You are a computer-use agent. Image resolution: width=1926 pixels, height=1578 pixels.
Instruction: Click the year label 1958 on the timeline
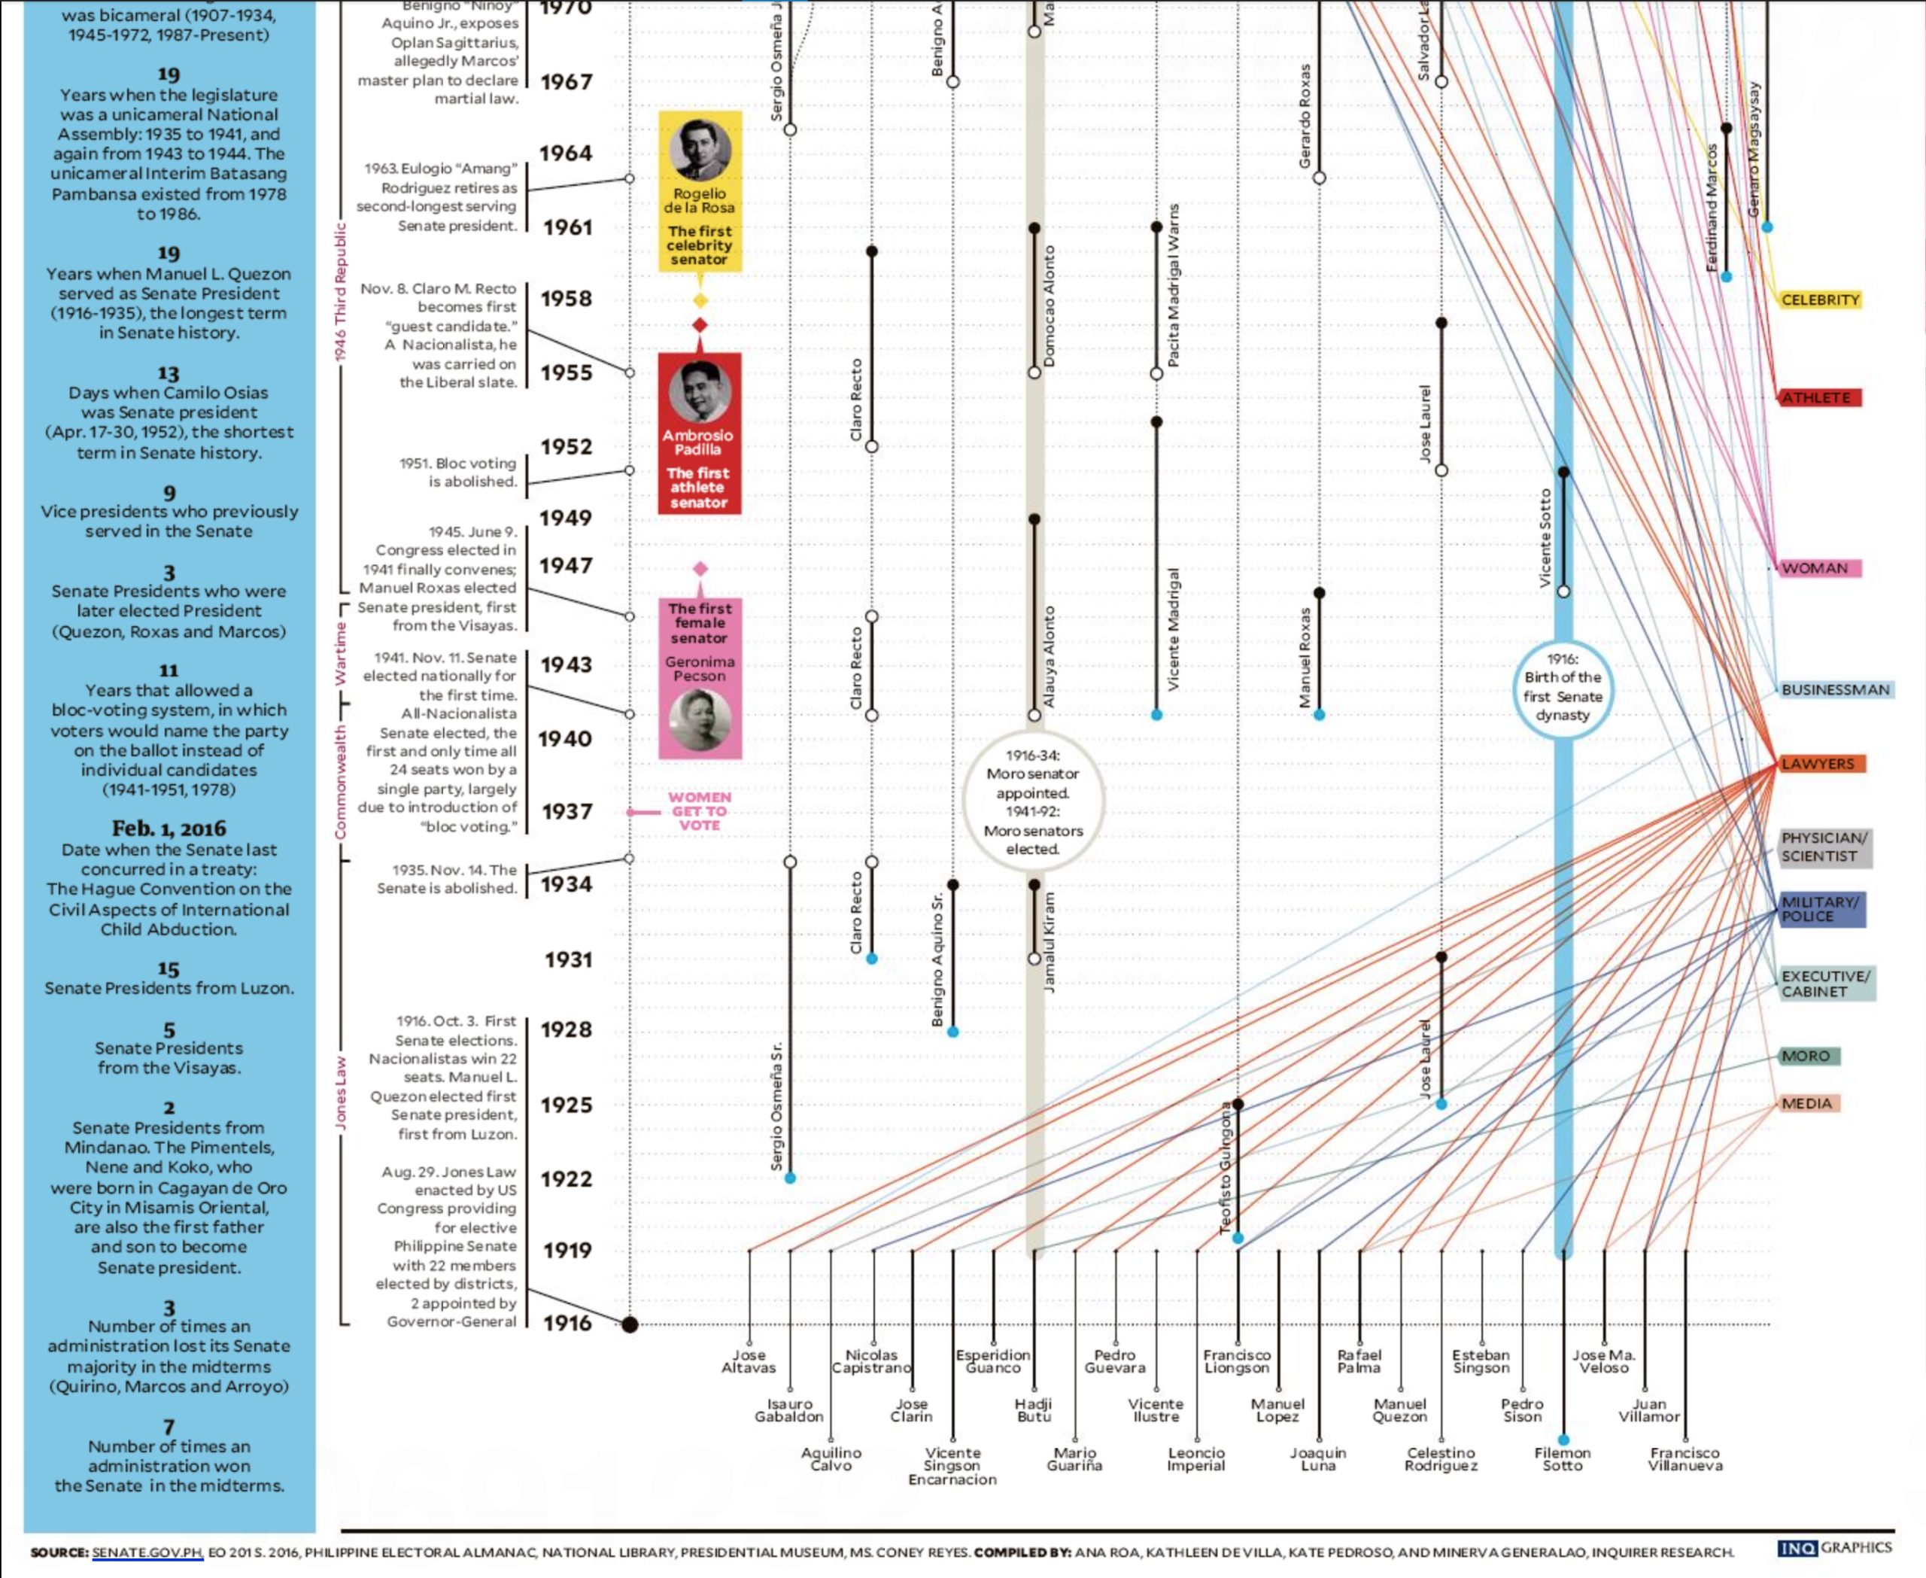(x=567, y=299)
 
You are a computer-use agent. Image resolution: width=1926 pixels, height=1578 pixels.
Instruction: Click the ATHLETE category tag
(x=1816, y=398)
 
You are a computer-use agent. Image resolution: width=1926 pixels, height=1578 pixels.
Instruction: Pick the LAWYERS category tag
(x=1818, y=764)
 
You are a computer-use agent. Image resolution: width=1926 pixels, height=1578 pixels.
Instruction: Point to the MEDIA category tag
(x=1807, y=1103)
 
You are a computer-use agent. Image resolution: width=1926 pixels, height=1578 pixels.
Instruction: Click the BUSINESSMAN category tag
(x=1834, y=690)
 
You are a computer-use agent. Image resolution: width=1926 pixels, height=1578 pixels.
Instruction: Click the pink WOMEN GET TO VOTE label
(x=699, y=810)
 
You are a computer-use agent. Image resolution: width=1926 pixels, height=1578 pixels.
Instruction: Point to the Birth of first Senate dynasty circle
(x=1563, y=687)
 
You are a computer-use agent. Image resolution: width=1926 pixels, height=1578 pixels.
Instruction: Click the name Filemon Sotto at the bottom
(x=1563, y=1459)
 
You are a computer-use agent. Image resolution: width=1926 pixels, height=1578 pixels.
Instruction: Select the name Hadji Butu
(x=1034, y=1410)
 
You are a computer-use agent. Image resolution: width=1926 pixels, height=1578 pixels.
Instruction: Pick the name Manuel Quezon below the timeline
(x=1400, y=1410)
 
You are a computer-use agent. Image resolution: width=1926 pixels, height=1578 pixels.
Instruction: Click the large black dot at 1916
(x=629, y=1324)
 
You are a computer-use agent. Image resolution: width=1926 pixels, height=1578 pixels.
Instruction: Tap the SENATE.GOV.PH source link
(x=147, y=1552)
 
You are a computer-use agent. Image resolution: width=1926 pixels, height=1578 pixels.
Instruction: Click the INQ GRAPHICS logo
(x=1835, y=1547)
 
